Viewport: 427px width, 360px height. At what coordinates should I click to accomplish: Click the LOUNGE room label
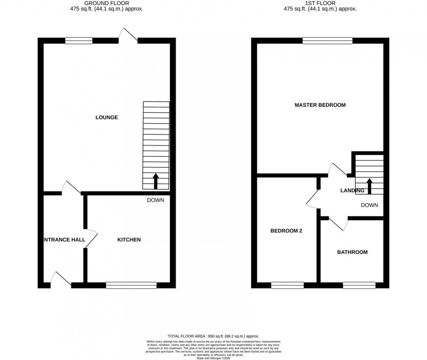pyautogui.click(x=107, y=117)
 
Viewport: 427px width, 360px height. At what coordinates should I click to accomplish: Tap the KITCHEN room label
pyautogui.click(x=129, y=239)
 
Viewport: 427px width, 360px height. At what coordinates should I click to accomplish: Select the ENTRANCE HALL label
pyautogui.click(x=65, y=240)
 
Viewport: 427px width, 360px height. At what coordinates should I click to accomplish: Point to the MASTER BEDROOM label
pyautogui.click(x=320, y=105)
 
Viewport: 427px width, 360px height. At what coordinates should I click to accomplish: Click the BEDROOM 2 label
pyautogui.click(x=286, y=231)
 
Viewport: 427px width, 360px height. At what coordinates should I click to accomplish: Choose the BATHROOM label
pyautogui.click(x=352, y=252)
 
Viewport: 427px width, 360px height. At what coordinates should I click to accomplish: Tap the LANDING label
pyautogui.click(x=352, y=191)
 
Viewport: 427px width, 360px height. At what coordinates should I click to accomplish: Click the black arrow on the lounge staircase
pyautogui.click(x=156, y=181)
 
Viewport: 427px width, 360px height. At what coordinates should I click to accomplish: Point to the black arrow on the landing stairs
pyautogui.click(x=369, y=186)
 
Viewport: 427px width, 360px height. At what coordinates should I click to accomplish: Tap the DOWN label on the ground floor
pyautogui.click(x=156, y=200)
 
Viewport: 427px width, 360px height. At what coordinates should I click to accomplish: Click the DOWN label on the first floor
pyautogui.click(x=369, y=205)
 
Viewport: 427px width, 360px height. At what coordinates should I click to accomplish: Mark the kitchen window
pyautogui.click(x=131, y=285)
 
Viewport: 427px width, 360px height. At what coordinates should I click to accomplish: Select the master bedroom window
pyautogui.click(x=327, y=40)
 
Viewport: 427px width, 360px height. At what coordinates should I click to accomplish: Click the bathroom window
pyautogui.click(x=359, y=285)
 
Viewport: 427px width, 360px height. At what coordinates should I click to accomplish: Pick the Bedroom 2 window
pyautogui.click(x=287, y=285)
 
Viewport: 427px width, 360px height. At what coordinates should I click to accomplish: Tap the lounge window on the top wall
pyautogui.click(x=79, y=40)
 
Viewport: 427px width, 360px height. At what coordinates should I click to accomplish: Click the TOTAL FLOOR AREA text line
pyautogui.click(x=213, y=336)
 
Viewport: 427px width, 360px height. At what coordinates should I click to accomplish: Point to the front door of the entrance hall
pyautogui.click(x=61, y=279)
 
